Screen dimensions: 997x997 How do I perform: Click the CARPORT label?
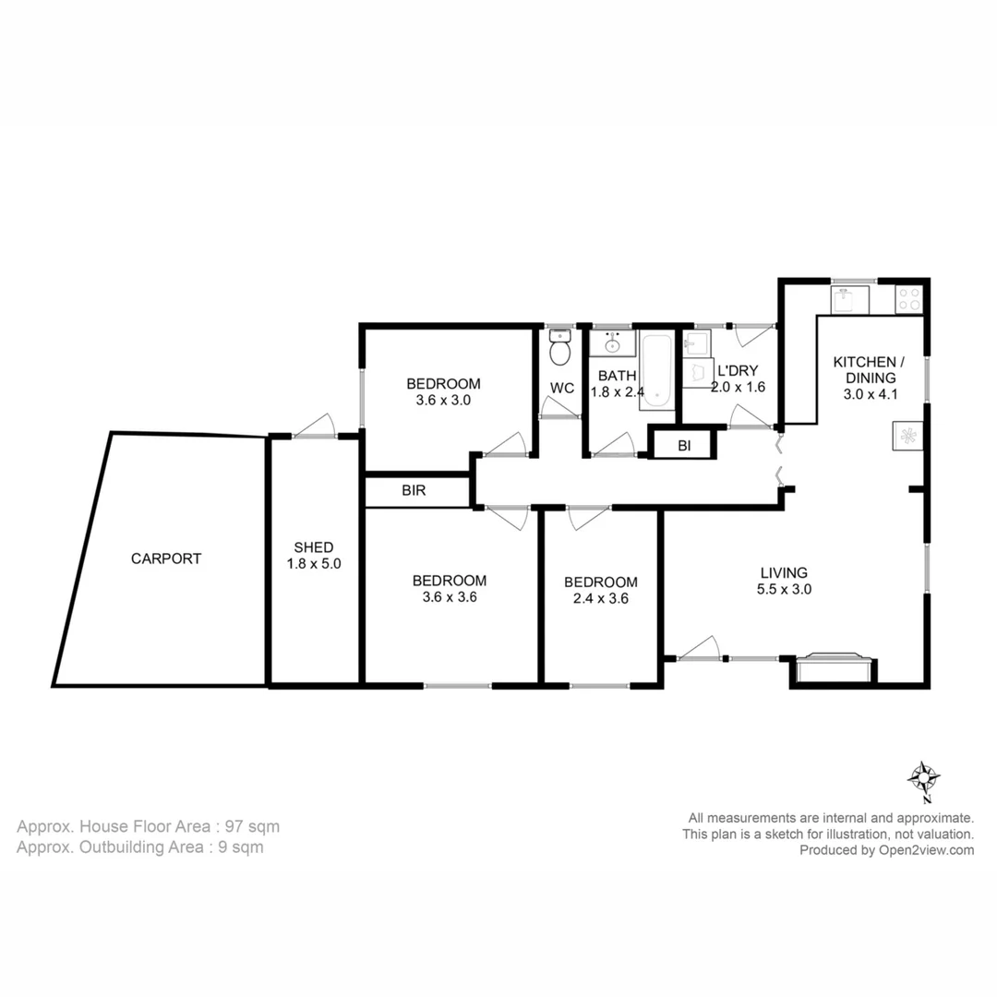tap(165, 559)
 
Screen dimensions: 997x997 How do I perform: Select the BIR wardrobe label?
tap(414, 491)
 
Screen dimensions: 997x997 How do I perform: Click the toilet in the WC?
tap(559, 351)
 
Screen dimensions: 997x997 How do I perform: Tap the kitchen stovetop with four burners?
tap(908, 298)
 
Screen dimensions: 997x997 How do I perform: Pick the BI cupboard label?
tap(684, 445)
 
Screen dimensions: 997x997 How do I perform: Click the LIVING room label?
tap(784, 572)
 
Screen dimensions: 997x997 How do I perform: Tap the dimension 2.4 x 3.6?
tap(600, 598)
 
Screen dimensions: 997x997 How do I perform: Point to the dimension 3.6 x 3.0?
tap(443, 401)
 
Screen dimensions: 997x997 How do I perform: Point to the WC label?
tap(562, 389)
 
